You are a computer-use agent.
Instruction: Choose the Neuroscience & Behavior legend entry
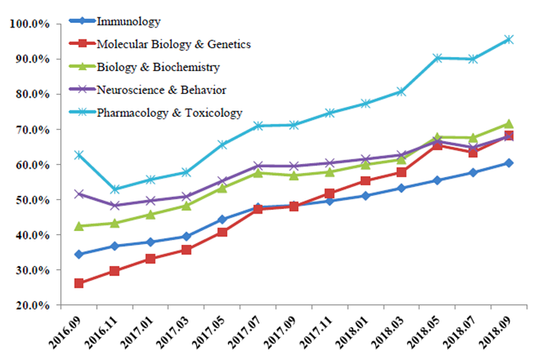coord(161,90)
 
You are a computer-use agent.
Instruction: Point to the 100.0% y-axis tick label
coord(29,24)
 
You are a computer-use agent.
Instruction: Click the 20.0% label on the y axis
coord(31,305)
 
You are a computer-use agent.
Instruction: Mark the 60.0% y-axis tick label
coord(31,165)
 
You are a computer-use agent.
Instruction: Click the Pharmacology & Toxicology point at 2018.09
coord(508,39)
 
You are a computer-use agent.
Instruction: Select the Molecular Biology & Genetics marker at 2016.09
coord(79,283)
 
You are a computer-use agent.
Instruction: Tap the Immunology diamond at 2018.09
coord(508,162)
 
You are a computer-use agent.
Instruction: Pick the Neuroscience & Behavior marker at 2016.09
coord(79,194)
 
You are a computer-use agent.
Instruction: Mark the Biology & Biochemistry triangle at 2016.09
coord(79,226)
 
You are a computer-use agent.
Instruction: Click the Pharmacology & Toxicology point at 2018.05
coord(437,57)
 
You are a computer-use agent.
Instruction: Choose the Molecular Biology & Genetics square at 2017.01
coord(151,259)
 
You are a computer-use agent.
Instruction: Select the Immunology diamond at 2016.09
coord(79,254)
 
